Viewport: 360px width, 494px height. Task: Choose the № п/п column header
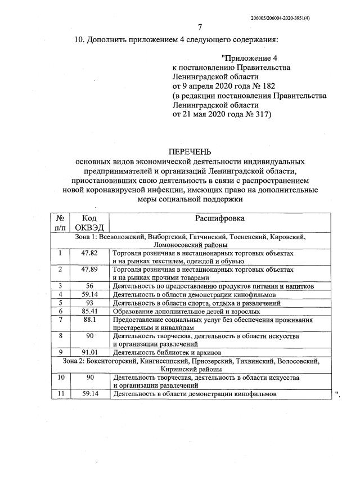[60, 223]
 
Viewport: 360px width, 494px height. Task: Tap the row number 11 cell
[60, 394]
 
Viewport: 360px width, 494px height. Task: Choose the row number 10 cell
[60, 377]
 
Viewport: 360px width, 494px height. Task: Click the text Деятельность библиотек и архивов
[159, 353]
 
